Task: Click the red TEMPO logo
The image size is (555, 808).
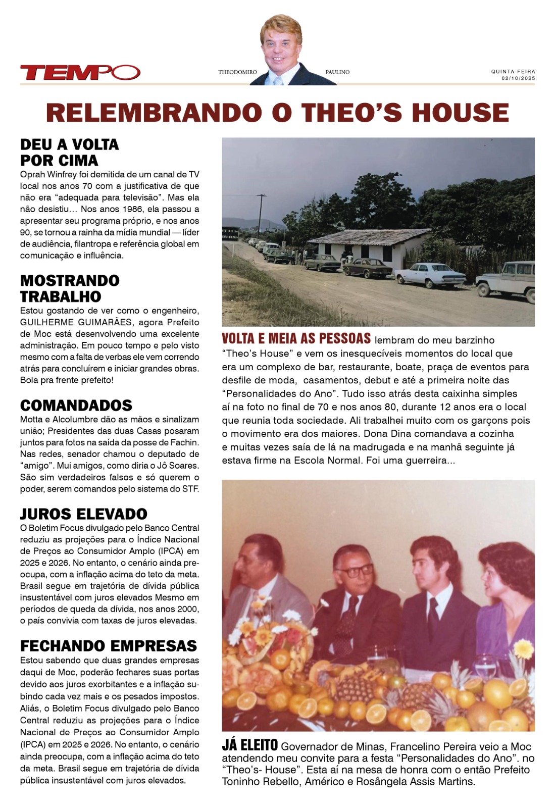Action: [80, 73]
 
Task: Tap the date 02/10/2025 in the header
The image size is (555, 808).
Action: [518, 79]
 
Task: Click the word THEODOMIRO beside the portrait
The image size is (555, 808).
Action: [237, 72]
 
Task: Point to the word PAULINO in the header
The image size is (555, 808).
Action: [337, 72]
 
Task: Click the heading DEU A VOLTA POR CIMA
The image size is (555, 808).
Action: [69, 153]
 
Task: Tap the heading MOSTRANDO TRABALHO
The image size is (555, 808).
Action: [70, 288]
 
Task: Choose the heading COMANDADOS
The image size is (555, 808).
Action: [76, 406]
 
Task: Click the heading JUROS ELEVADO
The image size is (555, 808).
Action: [83, 514]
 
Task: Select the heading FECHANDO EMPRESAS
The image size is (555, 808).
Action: [108, 646]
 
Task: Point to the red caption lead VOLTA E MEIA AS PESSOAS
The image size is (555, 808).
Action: [296, 339]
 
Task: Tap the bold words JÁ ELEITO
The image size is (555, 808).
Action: [249, 745]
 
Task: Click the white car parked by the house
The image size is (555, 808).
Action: [430, 275]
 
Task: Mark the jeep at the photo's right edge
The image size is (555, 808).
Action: [506, 280]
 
